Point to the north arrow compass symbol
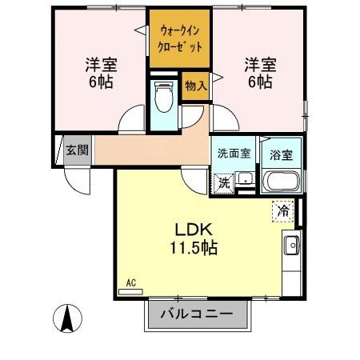pyautogui.click(x=68, y=321)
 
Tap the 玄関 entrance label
pyautogui.click(x=77, y=150)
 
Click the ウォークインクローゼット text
pyautogui.click(x=180, y=39)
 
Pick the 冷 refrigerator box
pyautogui.click(x=282, y=211)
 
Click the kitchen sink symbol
pyautogui.click(x=291, y=244)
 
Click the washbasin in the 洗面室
pyautogui.click(x=246, y=180)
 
